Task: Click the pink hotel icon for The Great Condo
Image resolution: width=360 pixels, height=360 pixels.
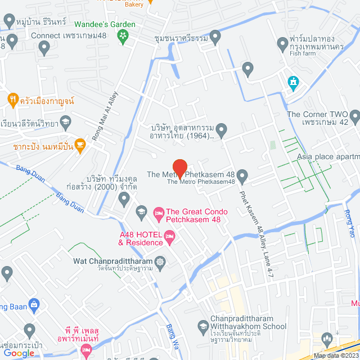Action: click(x=159, y=213)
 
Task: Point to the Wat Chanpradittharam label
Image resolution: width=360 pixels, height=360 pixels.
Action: click(x=114, y=262)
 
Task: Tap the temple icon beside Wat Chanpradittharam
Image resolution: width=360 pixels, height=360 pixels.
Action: click(x=161, y=262)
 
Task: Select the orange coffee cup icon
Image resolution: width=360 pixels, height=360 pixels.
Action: click(x=80, y=144)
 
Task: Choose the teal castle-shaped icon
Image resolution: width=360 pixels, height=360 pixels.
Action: click(x=292, y=83)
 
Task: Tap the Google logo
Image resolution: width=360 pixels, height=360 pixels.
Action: click(x=19, y=353)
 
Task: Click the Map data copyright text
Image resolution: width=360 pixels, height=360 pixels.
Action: click(x=336, y=355)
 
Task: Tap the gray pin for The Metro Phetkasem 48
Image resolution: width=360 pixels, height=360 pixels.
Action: click(x=242, y=177)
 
